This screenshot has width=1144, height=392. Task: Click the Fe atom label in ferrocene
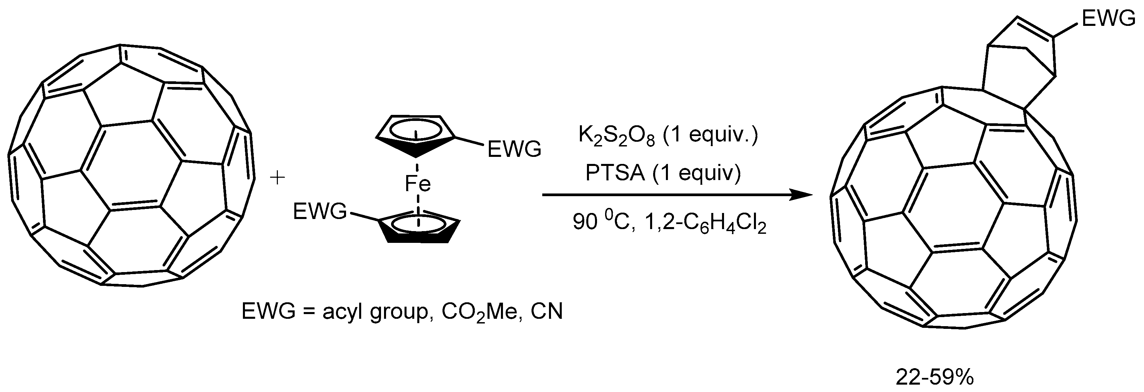tap(418, 183)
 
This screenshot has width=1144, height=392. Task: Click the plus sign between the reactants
tap(278, 178)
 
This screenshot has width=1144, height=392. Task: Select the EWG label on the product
tap(1108, 19)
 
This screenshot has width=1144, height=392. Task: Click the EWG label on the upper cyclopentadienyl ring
tap(514, 149)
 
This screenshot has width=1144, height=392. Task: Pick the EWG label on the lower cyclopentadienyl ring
tap(320, 211)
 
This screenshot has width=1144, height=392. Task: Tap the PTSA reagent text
tap(615, 173)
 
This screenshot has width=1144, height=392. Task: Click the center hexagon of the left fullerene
tap(131, 164)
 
